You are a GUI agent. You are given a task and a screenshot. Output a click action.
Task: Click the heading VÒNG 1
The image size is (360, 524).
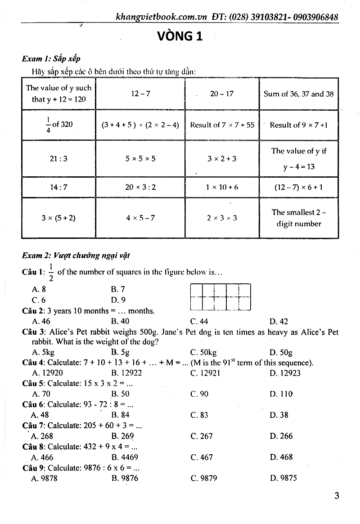(x=180, y=36)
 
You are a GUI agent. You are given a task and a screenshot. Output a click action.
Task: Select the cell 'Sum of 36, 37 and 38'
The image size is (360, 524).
(x=299, y=94)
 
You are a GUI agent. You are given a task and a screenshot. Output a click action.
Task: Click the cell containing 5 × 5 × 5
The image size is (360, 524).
(x=140, y=158)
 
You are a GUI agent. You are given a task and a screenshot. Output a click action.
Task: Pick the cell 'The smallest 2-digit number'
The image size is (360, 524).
(x=299, y=218)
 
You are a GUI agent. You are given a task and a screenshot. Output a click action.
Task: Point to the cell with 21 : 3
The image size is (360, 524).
(x=58, y=158)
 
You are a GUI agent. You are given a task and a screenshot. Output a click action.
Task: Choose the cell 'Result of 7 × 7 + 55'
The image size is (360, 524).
(x=222, y=125)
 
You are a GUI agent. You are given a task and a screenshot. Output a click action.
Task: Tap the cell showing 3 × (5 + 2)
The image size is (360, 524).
(x=58, y=218)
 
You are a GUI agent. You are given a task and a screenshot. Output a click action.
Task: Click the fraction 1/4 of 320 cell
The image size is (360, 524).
(x=58, y=125)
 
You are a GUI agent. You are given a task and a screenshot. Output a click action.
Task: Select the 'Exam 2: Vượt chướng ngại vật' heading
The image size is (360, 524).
(x=76, y=255)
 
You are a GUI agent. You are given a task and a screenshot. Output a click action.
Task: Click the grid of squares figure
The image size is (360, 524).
(x=220, y=297)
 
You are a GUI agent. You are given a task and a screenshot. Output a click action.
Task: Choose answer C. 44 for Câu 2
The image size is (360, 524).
(x=199, y=322)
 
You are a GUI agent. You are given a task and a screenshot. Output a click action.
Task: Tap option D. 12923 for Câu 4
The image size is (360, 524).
(x=285, y=373)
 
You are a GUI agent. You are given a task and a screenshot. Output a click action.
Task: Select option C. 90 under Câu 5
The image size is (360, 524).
(x=199, y=394)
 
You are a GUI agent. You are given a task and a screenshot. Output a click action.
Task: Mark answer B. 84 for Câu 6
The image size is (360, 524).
(x=120, y=415)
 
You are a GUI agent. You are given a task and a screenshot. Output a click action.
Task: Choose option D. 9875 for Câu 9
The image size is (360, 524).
(x=283, y=478)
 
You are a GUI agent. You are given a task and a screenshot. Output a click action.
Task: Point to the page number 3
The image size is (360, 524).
(x=337, y=496)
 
